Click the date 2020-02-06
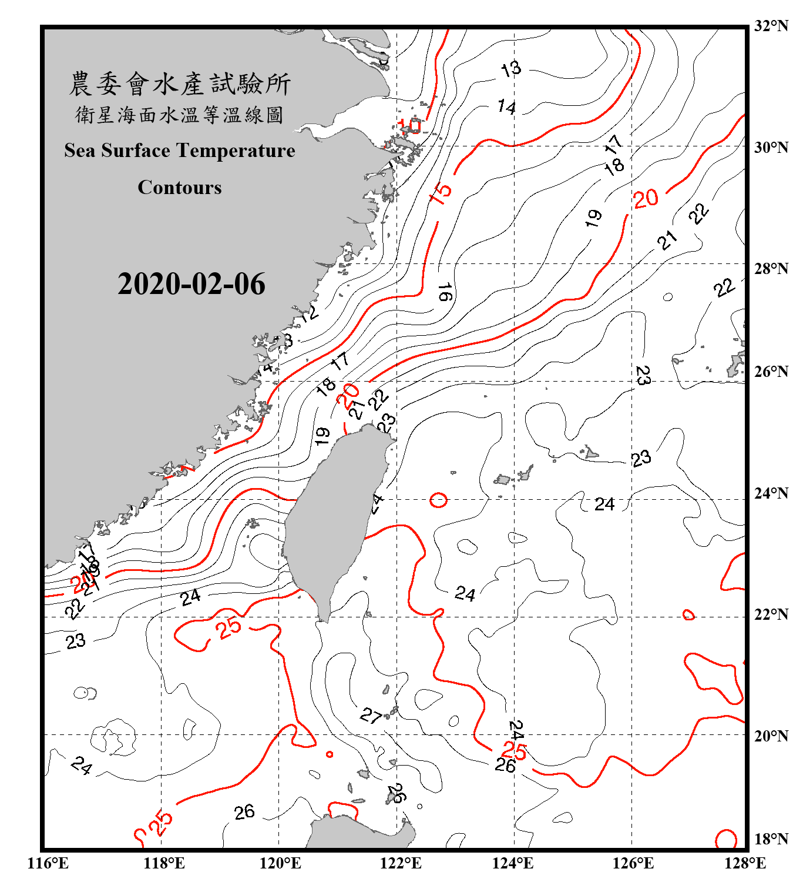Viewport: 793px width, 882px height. (191, 284)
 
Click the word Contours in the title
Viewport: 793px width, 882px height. (180, 188)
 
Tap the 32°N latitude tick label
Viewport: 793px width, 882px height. (771, 26)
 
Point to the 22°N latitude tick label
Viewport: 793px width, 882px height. (771, 614)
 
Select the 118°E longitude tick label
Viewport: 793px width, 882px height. (164, 863)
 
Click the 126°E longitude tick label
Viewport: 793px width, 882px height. (633, 863)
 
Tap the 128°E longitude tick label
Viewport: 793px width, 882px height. (745, 863)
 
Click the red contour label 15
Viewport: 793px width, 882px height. (441, 192)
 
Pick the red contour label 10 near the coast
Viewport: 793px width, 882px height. (409, 125)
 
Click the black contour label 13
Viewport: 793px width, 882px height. (511, 69)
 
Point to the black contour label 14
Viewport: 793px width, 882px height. (506, 106)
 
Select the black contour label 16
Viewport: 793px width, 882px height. (445, 292)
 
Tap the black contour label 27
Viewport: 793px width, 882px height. (371, 716)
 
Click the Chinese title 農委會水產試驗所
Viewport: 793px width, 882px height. (180, 84)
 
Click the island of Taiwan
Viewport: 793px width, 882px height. (335, 517)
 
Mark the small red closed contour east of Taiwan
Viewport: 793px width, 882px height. (438, 500)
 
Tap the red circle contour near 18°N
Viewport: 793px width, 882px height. (726, 839)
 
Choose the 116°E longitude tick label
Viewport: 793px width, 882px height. (48, 863)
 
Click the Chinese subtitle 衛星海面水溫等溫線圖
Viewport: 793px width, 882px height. (180, 115)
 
